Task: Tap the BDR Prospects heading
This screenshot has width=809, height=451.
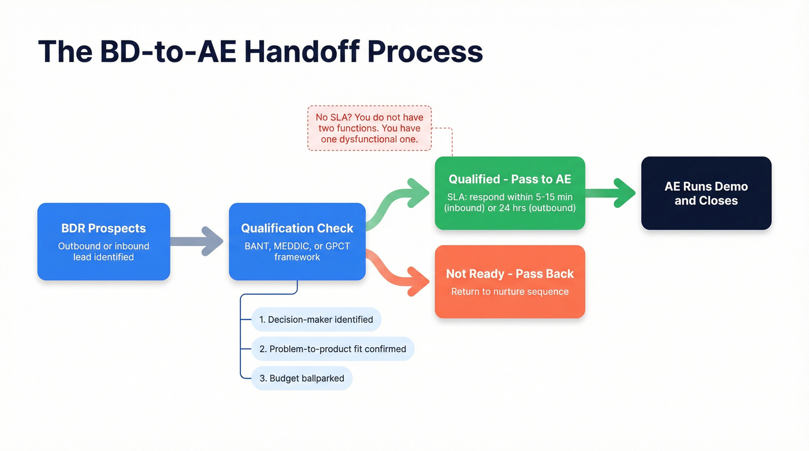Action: tap(104, 228)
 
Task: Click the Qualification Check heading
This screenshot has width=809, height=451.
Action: tap(297, 228)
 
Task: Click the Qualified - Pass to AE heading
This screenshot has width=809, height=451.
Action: tap(510, 179)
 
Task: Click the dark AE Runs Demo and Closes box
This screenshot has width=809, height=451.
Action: tap(706, 193)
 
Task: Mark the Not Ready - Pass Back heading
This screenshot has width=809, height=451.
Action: tap(510, 274)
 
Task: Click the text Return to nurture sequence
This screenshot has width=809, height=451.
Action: tap(510, 292)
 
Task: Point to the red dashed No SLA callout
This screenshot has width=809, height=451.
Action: tap(369, 128)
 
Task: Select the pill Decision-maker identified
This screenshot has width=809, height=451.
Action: tap(316, 319)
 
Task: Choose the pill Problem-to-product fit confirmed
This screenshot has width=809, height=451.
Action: tap(333, 349)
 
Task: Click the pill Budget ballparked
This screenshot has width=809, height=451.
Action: tap(302, 378)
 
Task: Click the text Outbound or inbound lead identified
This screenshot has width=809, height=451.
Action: tap(104, 251)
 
